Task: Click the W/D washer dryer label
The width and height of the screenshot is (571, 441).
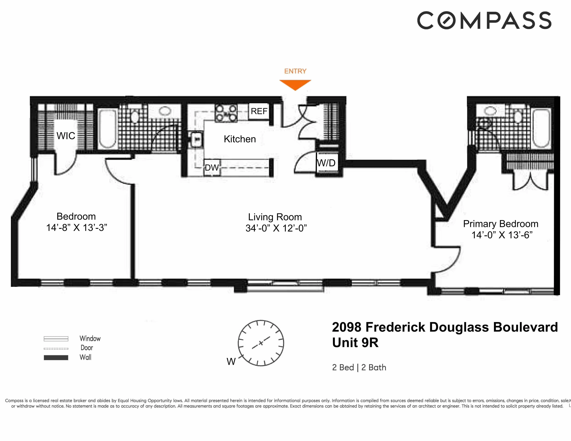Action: [326, 163]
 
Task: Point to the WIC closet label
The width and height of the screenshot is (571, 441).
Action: [66, 136]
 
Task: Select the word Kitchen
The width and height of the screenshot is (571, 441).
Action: [240, 139]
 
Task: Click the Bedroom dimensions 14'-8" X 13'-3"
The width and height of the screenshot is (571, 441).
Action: [77, 228]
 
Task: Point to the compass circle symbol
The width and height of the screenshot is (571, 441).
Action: [261, 343]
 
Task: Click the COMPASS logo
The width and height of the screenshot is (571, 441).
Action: [484, 20]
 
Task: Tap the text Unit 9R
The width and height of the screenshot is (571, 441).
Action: [355, 343]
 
